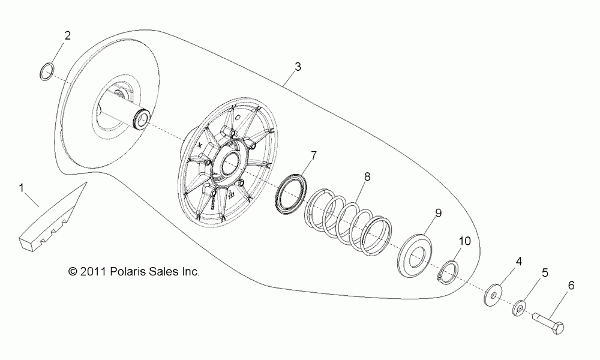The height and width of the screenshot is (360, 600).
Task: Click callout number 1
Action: (x=22, y=188)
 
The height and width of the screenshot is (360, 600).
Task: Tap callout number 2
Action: (x=67, y=35)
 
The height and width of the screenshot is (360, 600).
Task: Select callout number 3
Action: (x=298, y=68)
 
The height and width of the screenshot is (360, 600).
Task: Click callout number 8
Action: (x=367, y=177)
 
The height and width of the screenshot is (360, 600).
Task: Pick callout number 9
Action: (x=438, y=212)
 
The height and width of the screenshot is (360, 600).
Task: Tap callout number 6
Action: (x=570, y=286)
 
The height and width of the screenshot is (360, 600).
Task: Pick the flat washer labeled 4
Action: (x=493, y=295)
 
